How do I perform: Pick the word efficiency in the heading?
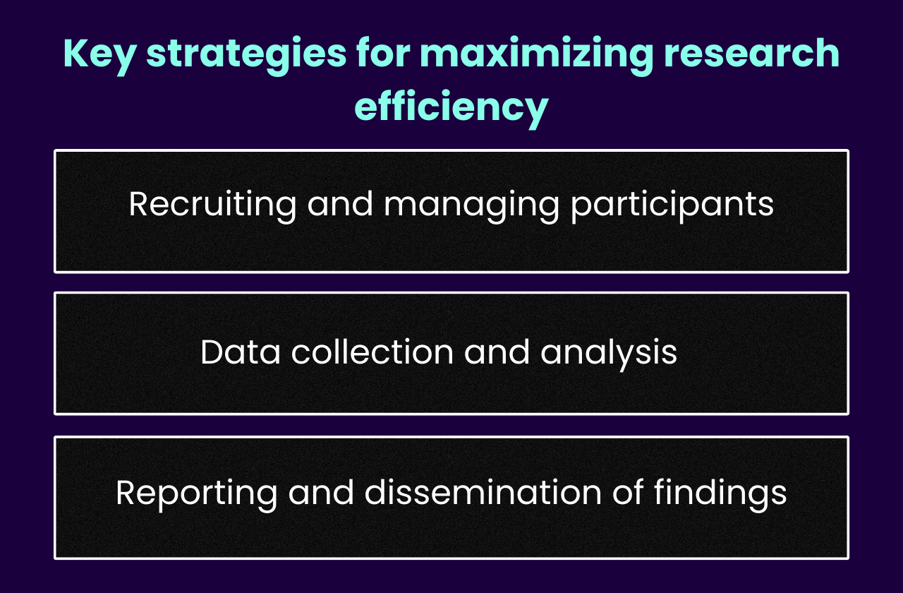tap(451, 107)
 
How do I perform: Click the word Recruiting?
tap(212, 205)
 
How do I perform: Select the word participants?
tap(672, 205)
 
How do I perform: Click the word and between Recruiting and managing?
tap(340, 204)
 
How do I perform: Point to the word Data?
tap(241, 352)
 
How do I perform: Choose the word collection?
tap(372, 352)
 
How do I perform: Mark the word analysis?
tap(609, 353)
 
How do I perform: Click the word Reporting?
tap(197, 493)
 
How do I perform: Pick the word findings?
tap(720, 493)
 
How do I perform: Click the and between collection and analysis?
tap(497, 352)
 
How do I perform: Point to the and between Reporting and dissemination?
tap(322, 492)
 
